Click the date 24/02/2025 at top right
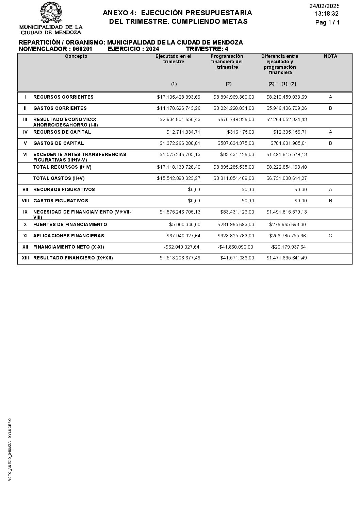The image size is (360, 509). click(x=324, y=6)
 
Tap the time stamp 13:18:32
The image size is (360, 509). click(x=327, y=14)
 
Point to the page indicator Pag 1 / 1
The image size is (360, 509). click(x=327, y=22)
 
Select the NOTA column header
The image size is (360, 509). click(x=330, y=56)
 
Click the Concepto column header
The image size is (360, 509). click(x=76, y=56)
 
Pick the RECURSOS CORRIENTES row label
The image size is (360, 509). click(x=63, y=97)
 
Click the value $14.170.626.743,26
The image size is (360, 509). click(x=179, y=108)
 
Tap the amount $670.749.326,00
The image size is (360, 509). click(x=235, y=120)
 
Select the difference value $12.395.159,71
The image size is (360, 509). click(x=290, y=132)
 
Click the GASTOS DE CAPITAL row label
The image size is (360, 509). click(x=59, y=143)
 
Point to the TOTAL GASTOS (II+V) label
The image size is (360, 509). click(x=59, y=178)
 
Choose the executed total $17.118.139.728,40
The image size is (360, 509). click(x=179, y=167)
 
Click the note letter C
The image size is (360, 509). click(x=330, y=236)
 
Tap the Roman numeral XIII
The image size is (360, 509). click(x=25, y=258)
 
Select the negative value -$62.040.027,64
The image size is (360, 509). click(x=181, y=247)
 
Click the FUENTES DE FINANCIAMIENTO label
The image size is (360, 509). click(x=70, y=225)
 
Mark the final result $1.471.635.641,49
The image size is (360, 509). click(x=287, y=258)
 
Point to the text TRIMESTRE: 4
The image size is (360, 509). click(x=207, y=49)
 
